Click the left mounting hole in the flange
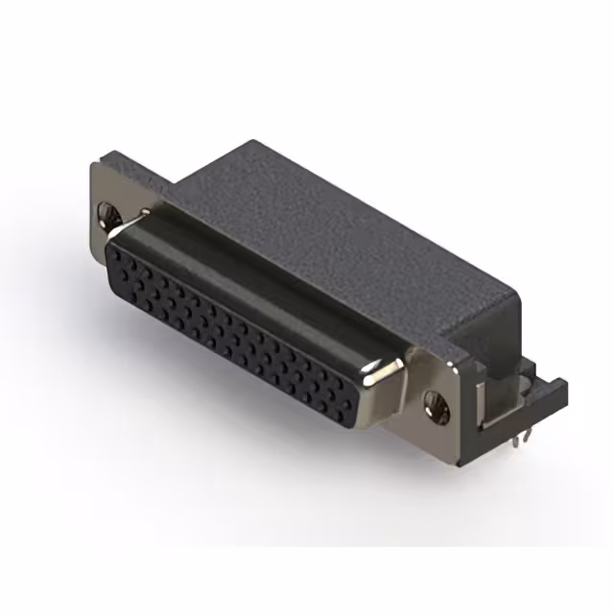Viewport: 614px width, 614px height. (107, 217)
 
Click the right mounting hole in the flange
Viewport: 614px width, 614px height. (437, 408)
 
